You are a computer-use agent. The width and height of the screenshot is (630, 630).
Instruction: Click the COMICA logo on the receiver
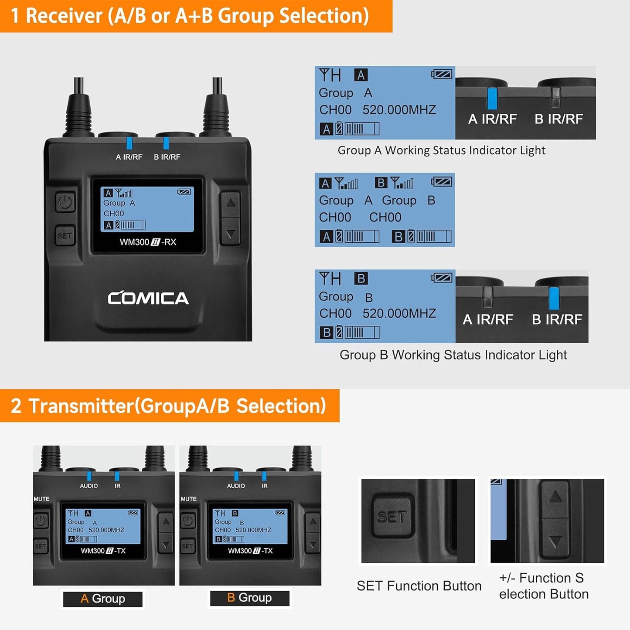click(148, 298)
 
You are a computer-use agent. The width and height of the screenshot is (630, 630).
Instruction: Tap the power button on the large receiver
click(65, 202)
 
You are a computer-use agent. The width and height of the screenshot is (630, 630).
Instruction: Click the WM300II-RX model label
click(148, 242)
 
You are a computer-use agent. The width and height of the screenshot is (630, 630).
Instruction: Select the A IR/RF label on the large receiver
click(129, 157)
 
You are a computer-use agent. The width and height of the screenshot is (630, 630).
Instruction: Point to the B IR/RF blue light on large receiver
click(166, 143)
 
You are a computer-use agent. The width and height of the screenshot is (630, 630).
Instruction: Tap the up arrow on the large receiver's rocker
click(230, 203)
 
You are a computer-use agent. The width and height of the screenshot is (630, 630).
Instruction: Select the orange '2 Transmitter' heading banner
click(169, 405)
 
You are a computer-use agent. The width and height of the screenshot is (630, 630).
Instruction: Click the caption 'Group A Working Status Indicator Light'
click(441, 150)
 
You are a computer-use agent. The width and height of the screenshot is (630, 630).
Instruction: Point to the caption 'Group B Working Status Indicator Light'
click(453, 355)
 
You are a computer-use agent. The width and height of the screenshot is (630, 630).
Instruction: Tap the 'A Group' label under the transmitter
click(103, 599)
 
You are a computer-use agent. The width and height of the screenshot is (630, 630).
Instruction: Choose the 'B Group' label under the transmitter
click(249, 598)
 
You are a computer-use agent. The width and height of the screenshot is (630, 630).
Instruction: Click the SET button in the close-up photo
click(392, 517)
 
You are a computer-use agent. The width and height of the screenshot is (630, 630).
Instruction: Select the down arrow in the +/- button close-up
click(555, 542)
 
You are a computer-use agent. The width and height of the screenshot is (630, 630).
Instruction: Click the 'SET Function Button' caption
click(419, 586)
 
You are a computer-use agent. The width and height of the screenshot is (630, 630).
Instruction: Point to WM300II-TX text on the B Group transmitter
click(250, 551)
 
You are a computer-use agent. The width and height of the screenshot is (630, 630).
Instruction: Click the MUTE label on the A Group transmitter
click(41, 499)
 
